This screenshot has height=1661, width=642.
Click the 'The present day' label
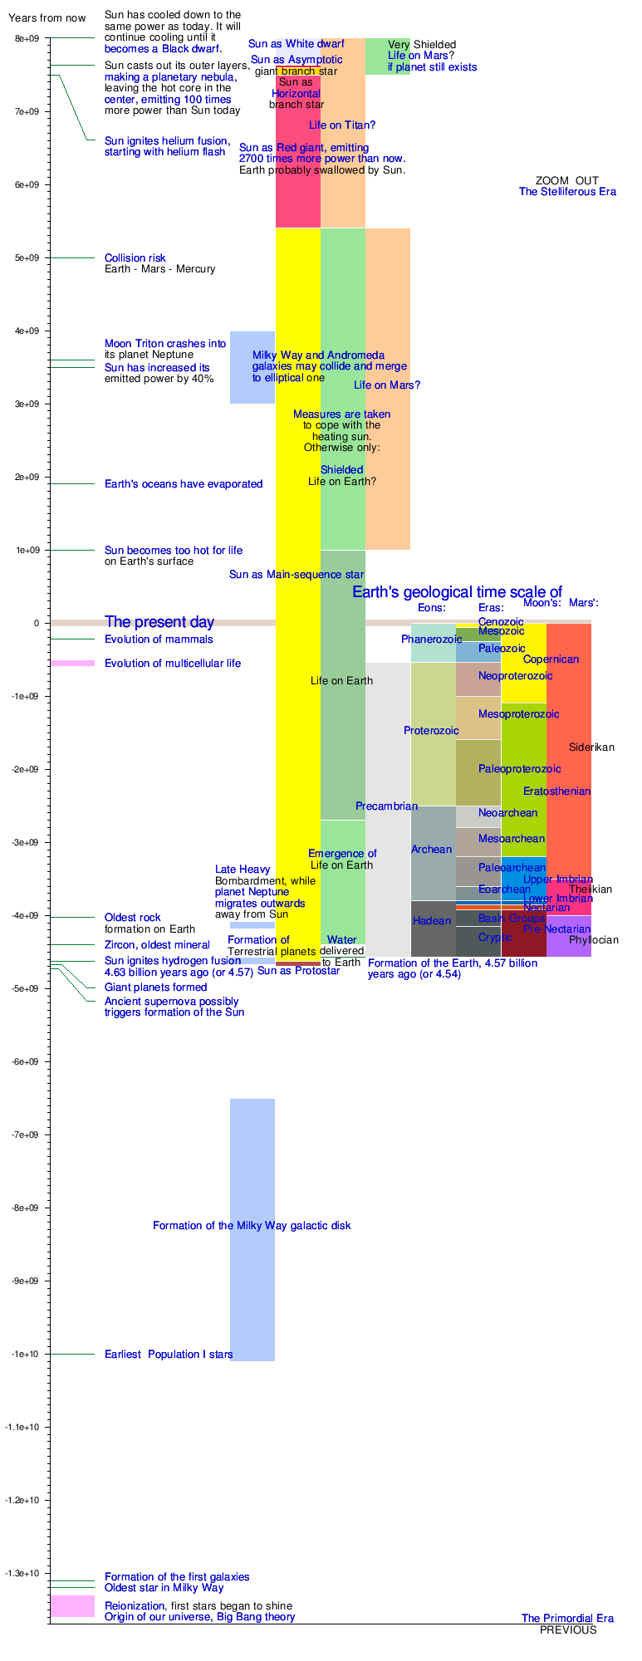[159, 622]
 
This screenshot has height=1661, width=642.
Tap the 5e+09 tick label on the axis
[27, 257]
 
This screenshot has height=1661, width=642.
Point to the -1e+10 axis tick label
[26, 1354]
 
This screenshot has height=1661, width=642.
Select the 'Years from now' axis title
[47, 18]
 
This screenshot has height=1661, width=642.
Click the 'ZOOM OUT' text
[566, 180]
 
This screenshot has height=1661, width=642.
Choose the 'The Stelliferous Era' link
[567, 192]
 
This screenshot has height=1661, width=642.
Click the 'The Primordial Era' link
[567, 1618]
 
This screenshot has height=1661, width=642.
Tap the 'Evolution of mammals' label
[159, 639]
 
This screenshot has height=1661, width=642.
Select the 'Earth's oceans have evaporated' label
[184, 484]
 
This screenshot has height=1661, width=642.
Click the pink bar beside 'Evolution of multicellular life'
[72, 663]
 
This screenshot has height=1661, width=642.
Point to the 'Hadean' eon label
[432, 921]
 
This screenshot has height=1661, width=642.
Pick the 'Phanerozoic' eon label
[432, 639]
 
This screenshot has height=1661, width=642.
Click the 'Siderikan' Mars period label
[591, 747]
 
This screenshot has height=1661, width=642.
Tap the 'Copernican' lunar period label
[551, 659]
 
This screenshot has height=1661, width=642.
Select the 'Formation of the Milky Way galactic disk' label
[252, 1226]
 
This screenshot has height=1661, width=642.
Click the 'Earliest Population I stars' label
[169, 1355]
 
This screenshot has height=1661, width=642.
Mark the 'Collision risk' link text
[135, 258]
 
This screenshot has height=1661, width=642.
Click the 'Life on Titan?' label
[342, 125]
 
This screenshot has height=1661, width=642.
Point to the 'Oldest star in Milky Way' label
[164, 1587]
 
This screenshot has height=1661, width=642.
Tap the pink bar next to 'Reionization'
[72, 1605]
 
